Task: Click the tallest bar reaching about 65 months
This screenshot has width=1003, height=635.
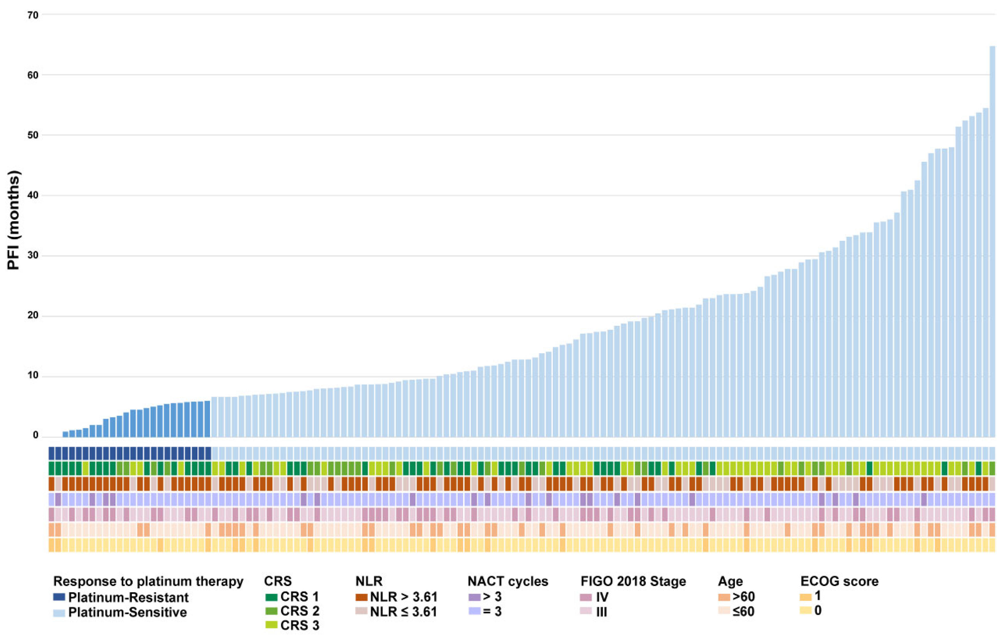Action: pos(992,242)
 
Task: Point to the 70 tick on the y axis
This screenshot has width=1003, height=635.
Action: pos(33,15)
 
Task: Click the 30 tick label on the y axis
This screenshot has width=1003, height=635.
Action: pos(33,256)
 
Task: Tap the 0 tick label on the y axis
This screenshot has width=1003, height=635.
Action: pos(36,435)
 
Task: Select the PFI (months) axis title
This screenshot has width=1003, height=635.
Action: pos(13,220)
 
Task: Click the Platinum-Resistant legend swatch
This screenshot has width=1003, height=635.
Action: pos(59,597)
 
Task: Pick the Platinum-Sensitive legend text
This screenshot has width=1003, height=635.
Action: pos(127,612)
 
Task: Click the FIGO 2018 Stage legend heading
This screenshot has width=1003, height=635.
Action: pos(633,581)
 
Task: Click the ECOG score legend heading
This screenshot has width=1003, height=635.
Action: pos(839,581)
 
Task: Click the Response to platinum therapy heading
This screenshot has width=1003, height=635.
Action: pos(148,581)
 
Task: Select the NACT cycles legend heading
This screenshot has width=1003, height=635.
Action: pos(508,581)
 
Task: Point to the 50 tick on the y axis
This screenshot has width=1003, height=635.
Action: pos(33,135)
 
